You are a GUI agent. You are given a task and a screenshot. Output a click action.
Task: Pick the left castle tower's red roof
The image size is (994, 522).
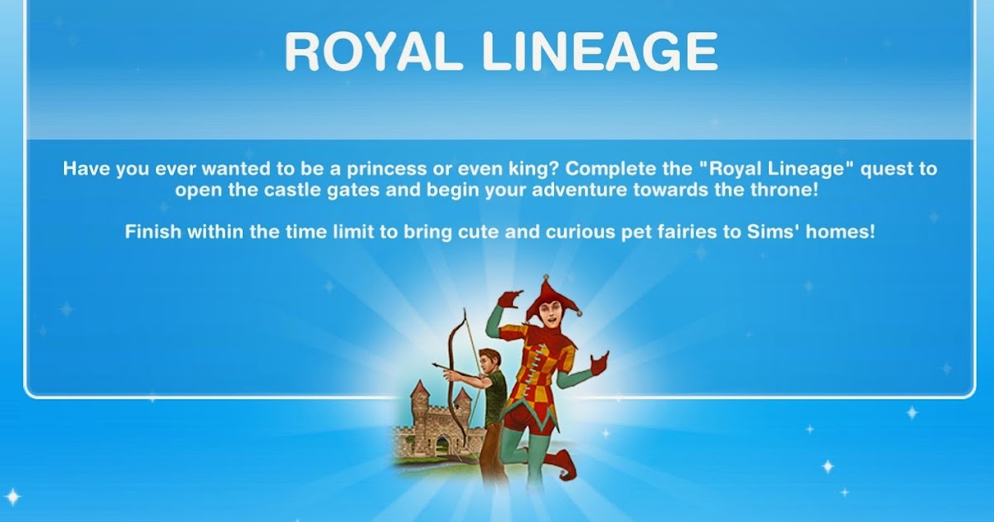[421, 388]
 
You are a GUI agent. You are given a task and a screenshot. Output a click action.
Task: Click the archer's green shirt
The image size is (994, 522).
[496, 394]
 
